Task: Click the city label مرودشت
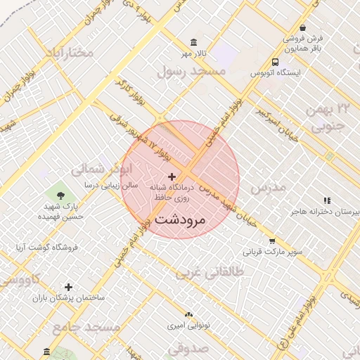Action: click(x=179, y=219)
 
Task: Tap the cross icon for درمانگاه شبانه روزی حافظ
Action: click(x=172, y=176)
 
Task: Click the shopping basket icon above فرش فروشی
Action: click(x=303, y=27)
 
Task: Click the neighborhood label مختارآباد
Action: click(x=70, y=53)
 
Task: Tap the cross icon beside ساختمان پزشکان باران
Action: click(x=68, y=287)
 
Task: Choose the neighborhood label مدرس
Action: click(x=269, y=188)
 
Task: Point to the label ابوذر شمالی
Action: click(x=101, y=169)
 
